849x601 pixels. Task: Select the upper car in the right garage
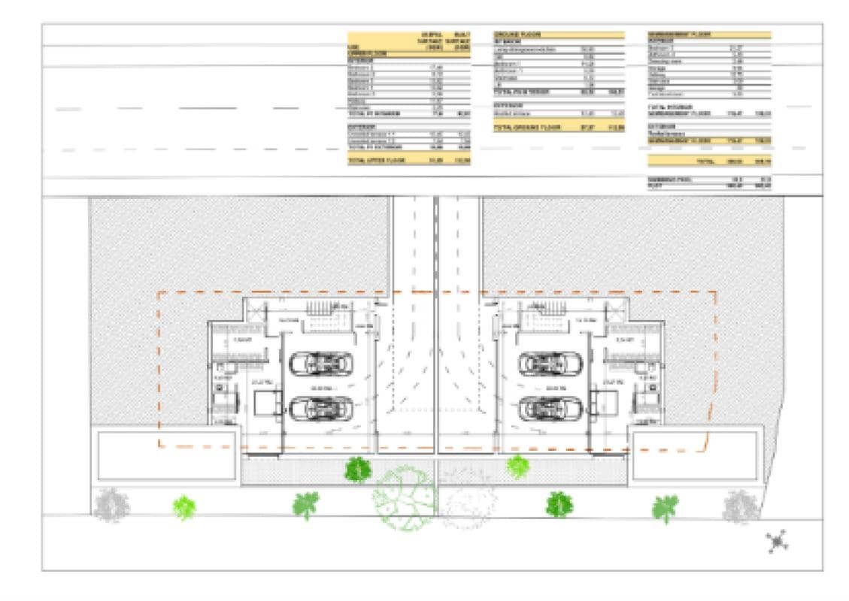550,364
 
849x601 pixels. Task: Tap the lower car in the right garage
550,409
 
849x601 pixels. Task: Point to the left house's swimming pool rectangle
165,454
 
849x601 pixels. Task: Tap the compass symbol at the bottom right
777,540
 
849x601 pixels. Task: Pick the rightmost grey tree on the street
741,506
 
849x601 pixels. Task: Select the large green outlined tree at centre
404,498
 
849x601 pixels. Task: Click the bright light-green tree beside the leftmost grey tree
184,508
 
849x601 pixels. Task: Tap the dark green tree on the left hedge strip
358,470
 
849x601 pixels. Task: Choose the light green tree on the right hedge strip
517,467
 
